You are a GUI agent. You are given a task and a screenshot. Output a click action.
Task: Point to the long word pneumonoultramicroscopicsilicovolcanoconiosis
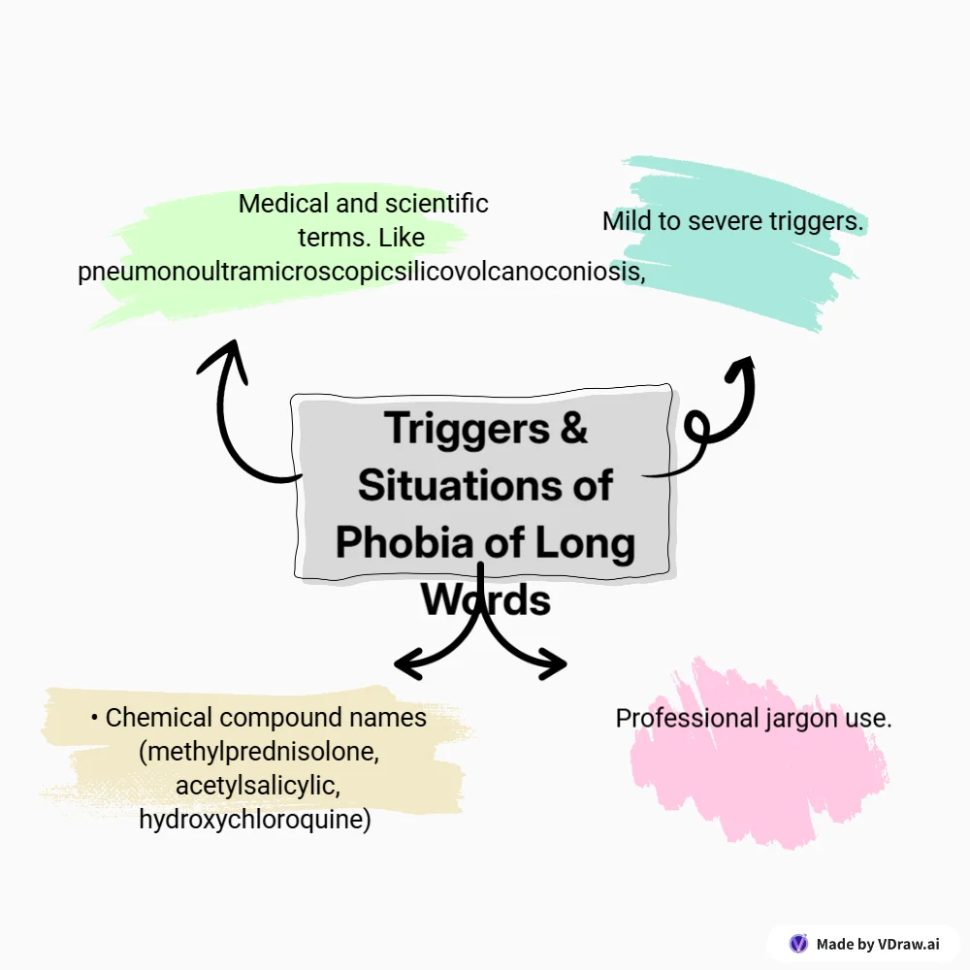pyautogui.click(x=362, y=273)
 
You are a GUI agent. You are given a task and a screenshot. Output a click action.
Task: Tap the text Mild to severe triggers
pyautogui.click(x=732, y=221)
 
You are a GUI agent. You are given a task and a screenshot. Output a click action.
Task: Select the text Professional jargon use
pyautogui.click(x=754, y=719)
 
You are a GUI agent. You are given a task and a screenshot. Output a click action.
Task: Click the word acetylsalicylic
pyautogui.click(x=257, y=786)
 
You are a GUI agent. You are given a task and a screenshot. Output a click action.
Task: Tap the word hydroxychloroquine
pyautogui.click(x=255, y=820)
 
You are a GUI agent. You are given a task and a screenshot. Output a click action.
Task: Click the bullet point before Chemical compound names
pyautogui.click(x=94, y=718)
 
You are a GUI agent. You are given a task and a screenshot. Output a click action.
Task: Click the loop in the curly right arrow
pyautogui.click(x=700, y=428)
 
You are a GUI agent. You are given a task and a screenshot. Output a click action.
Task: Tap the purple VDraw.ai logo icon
pyautogui.click(x=798, y=943)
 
